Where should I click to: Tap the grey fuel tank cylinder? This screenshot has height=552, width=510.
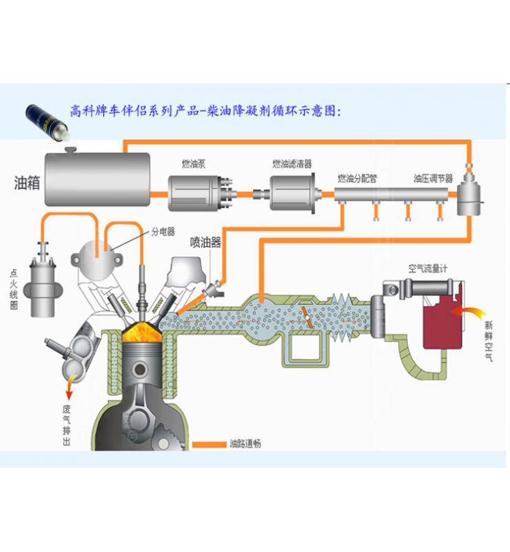click(97, 179)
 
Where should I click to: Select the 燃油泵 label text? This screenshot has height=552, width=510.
click(195, 164)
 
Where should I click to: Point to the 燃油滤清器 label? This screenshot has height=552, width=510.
click(292, 164)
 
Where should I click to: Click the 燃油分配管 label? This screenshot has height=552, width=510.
click(357, 178)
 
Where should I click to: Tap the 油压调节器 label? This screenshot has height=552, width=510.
click(433, 178)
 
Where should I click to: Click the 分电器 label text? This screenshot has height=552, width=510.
click(163, 232)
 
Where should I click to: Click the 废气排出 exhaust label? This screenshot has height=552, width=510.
click(67, 424)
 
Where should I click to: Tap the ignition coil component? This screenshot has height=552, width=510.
click(41, 286)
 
